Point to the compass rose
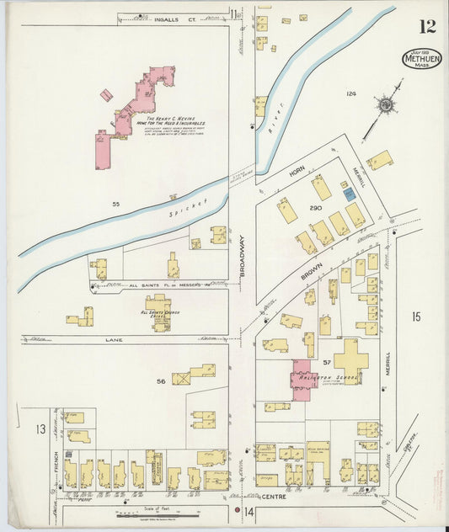386,105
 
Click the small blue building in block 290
349,194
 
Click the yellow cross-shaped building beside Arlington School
350,359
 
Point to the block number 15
415,316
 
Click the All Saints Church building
158,311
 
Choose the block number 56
161,381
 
